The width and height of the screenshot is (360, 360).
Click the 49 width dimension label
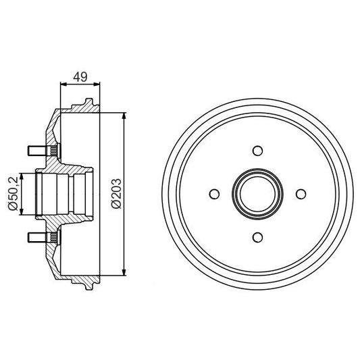(x=80, y=77)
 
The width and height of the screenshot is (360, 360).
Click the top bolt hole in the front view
(x=257, y=151)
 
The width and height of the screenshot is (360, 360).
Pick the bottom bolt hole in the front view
(x=257, y=236)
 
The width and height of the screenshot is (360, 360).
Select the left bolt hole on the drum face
(x=214, y=194)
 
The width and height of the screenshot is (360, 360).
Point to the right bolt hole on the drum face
(x=299, y=194)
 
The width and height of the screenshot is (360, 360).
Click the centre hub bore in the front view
(x=257, y=194)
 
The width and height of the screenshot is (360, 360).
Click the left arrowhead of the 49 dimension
(x=63, y=85)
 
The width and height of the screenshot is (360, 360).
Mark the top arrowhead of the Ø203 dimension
(x=124, y=116)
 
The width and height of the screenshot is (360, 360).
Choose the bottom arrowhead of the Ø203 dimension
(x=124, y=272)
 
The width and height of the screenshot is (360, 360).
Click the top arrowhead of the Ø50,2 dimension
(x=23, y=176)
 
